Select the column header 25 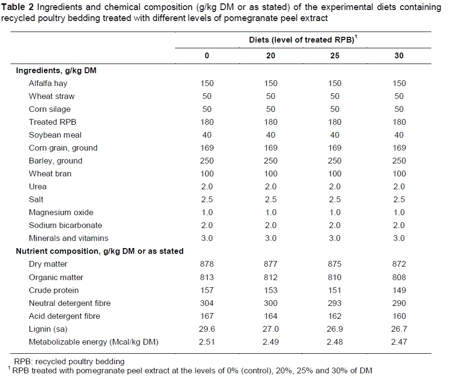pos(335,55)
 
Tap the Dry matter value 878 pos(207,264)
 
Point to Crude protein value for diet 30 pos(399,290)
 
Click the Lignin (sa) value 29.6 pos(207,329)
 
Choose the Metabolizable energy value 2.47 pos(399,342)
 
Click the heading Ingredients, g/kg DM pos(57,70)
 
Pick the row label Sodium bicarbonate pos(65,225)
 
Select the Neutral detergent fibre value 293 pos(335,303)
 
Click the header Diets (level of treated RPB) pos(302,40)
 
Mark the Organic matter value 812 pos(271,277)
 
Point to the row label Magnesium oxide pos(61,212)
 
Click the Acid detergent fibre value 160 pos(399,316)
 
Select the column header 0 pos(207,55)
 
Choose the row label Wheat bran pos(50,174)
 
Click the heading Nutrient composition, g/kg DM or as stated pos(99,251)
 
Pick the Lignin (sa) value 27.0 pos(271,329)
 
